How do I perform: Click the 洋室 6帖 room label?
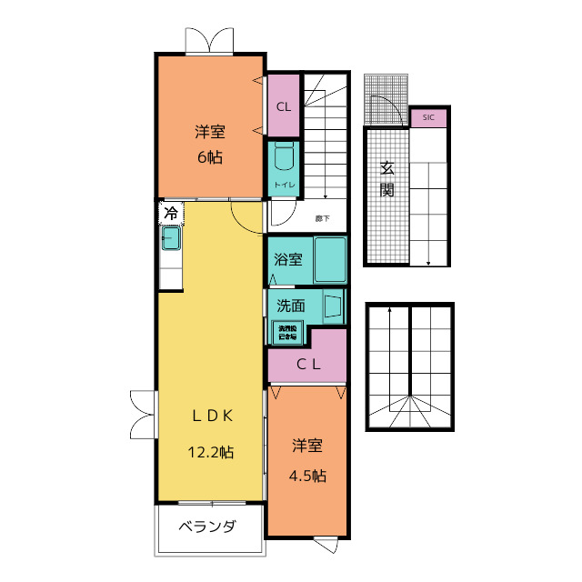(209, 144)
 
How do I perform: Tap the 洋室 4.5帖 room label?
(307, 461)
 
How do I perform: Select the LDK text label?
(213, 416)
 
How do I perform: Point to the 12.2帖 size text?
(211, 452)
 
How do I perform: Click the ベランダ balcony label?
(207, 527)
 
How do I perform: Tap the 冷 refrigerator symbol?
(171, 215)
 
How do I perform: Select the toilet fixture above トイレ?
(283, 156)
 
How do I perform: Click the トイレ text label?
(283, 186)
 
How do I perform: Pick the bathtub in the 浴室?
(330, 260)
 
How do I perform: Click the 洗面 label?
(290, 306)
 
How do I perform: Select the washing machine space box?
(286, 332)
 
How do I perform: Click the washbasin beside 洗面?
(332, 306)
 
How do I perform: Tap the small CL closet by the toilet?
(283, 105)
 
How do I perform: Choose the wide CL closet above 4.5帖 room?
(307, 366)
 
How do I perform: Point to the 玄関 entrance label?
(387, 179)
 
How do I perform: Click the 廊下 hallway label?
(323, 218)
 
